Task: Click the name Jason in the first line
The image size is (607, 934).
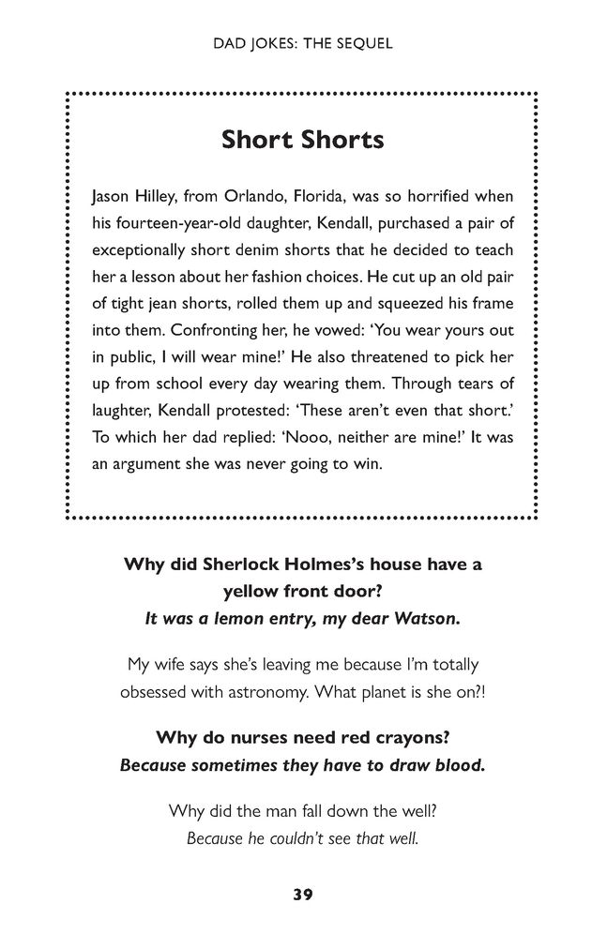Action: tap(111, 199)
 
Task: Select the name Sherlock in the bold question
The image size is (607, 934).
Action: tap(236, 565)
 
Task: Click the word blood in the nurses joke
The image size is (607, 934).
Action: tap(460, 763)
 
